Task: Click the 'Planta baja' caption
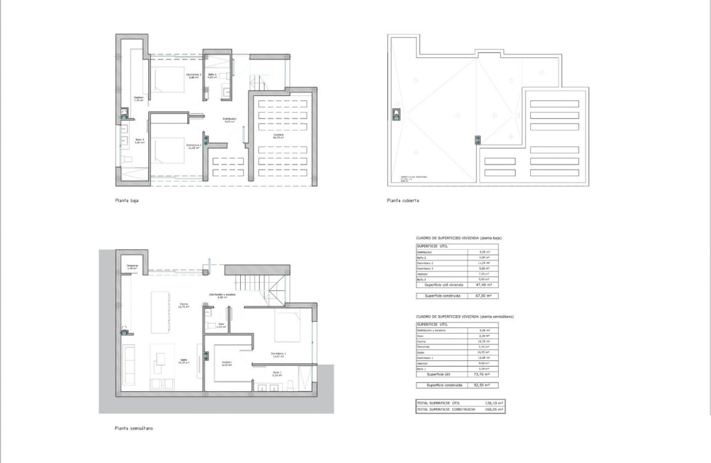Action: click(x=127, y=201)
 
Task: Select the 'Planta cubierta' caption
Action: click(x=403, y=201)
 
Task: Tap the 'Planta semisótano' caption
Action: click(x=134, y=428)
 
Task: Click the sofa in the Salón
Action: click(x=128, y=366)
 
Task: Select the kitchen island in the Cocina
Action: click(x=159, y=311)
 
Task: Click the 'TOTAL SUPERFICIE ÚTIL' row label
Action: click(x=438, y=403)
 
